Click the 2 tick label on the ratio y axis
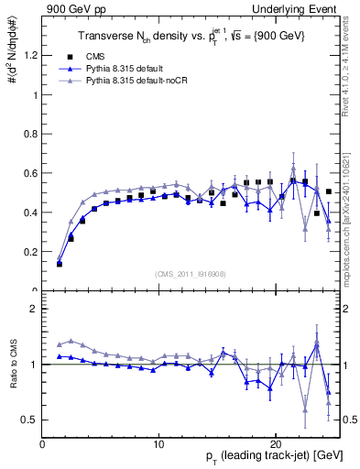tap(35, 309)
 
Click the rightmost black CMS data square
tap(328, 191)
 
